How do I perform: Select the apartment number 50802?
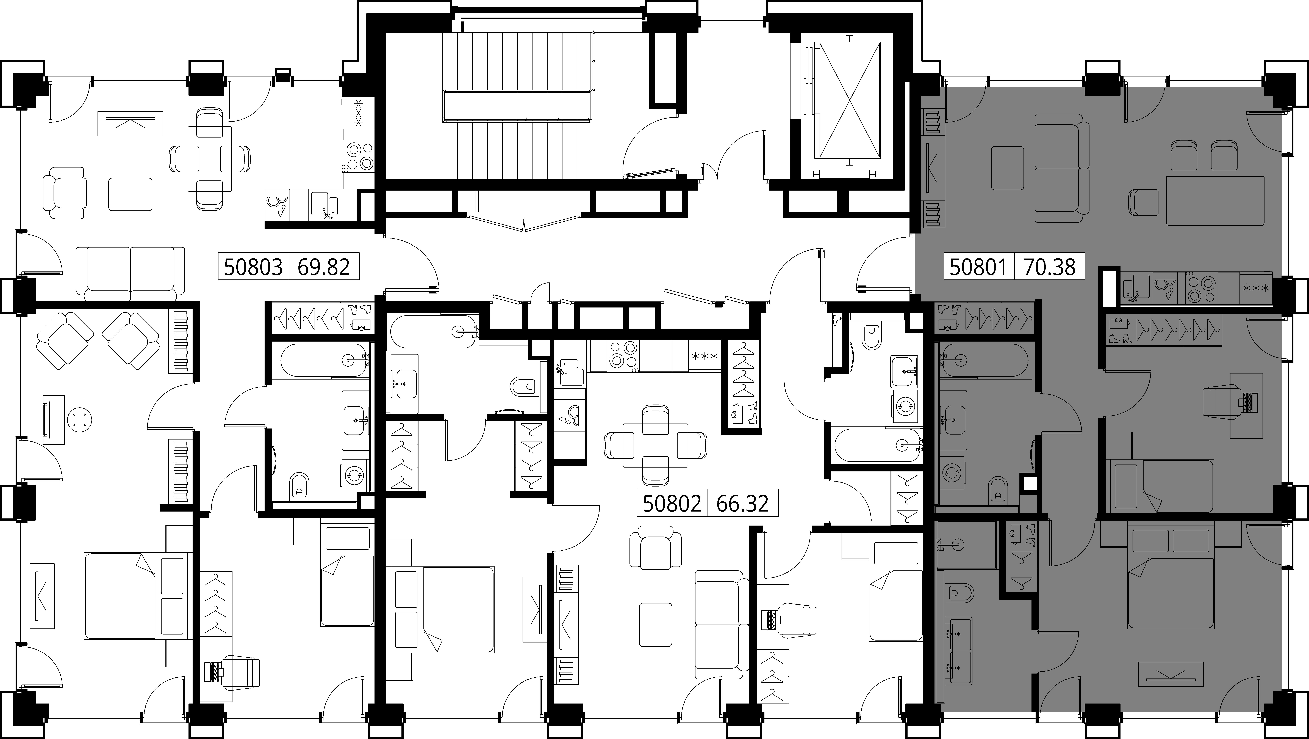[x=672, y=504]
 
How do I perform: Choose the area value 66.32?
[x=742, y=504]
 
